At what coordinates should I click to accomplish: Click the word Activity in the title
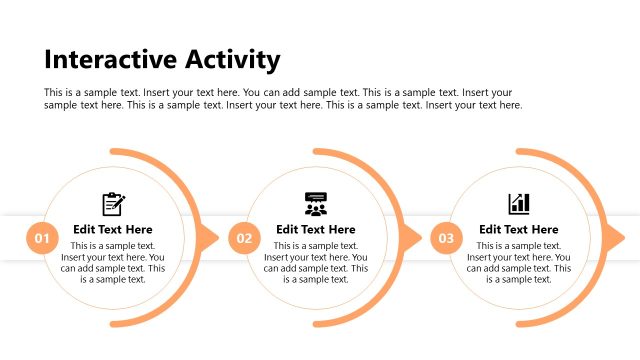(230, 60)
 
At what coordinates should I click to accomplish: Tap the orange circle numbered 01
(42, 238)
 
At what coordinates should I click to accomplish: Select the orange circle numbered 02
(244, 238)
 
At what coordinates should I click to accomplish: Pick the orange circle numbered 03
(446, 238)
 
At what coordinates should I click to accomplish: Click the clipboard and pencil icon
(113, 204)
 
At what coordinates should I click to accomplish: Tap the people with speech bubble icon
(316, 204)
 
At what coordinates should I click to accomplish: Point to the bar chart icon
(518, 204)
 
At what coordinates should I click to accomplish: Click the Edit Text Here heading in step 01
(113, 229)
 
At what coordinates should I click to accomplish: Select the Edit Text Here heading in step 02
(316, 229)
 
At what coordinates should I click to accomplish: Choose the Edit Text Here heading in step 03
(518, 229)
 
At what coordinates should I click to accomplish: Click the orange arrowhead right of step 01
(209, 238)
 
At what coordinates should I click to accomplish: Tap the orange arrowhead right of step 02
(412, 238)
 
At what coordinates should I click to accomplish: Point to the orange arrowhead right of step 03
(615, 238)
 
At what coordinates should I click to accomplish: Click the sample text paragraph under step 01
(113, 262)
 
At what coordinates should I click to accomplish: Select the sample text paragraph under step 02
(316, 262)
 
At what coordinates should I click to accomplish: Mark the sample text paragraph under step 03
(518, 262)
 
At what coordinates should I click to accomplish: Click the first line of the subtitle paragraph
(278, 93)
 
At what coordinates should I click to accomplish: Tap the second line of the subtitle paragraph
(283, 105)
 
